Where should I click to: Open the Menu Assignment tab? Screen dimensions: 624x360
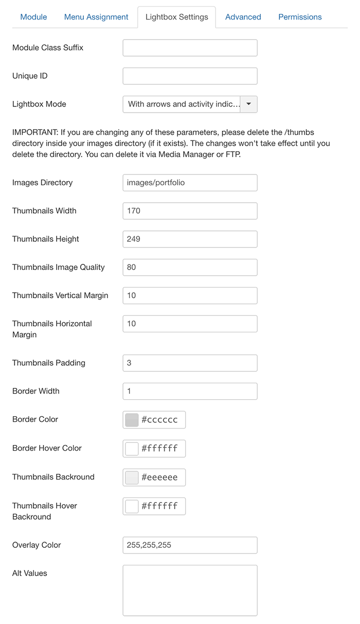click(x=96, y=17)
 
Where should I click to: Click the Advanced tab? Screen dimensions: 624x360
click(x=243, y=17)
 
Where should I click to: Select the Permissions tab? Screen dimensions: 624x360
click(x=300, y=17)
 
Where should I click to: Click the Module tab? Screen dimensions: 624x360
click(x=33, y=17)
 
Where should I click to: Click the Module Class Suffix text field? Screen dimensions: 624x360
click(x=190, y=48)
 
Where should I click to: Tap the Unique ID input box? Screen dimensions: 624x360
click(x=190, y=76)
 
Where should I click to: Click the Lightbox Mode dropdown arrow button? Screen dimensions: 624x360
click(x=249, y=104)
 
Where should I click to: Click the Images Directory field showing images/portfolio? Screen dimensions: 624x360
click(x=190, y=183)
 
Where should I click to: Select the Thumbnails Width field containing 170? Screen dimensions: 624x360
click(x=190, y=211)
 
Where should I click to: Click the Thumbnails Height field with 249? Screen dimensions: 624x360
click(x=190, y=239)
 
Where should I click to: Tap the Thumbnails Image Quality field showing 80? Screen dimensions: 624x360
click(x=190, y=268)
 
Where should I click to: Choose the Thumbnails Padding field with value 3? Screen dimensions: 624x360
click(x=190, y=363)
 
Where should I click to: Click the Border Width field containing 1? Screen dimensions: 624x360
click(x=190, y=391)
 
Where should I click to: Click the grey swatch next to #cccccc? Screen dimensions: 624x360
click(x=132, y=420)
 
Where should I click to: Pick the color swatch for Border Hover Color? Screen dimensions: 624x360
click(x=132, y=449)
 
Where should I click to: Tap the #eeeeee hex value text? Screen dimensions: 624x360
click(x=159, y=477)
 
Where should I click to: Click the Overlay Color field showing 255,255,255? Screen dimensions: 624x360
click(x=190, y=545)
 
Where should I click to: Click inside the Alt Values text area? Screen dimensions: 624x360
click(x=190, y=590)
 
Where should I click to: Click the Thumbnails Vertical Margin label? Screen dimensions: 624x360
click(x=60, y=295)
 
